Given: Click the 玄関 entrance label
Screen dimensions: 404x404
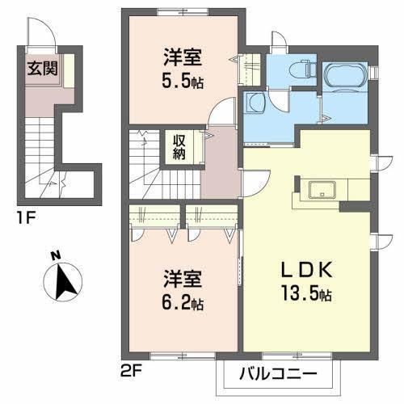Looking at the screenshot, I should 42,67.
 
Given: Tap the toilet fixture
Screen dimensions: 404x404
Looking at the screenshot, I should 304,69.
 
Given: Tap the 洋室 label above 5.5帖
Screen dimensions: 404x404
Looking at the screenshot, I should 182,59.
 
